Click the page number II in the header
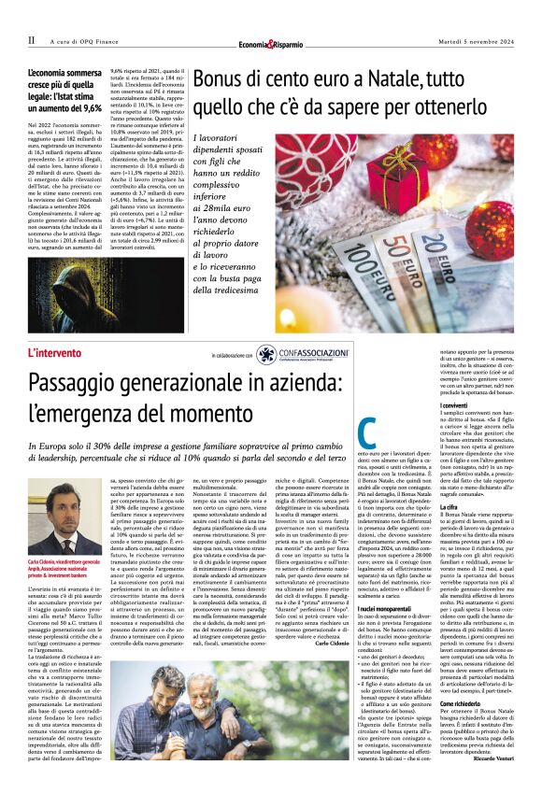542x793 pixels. (31, 40)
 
